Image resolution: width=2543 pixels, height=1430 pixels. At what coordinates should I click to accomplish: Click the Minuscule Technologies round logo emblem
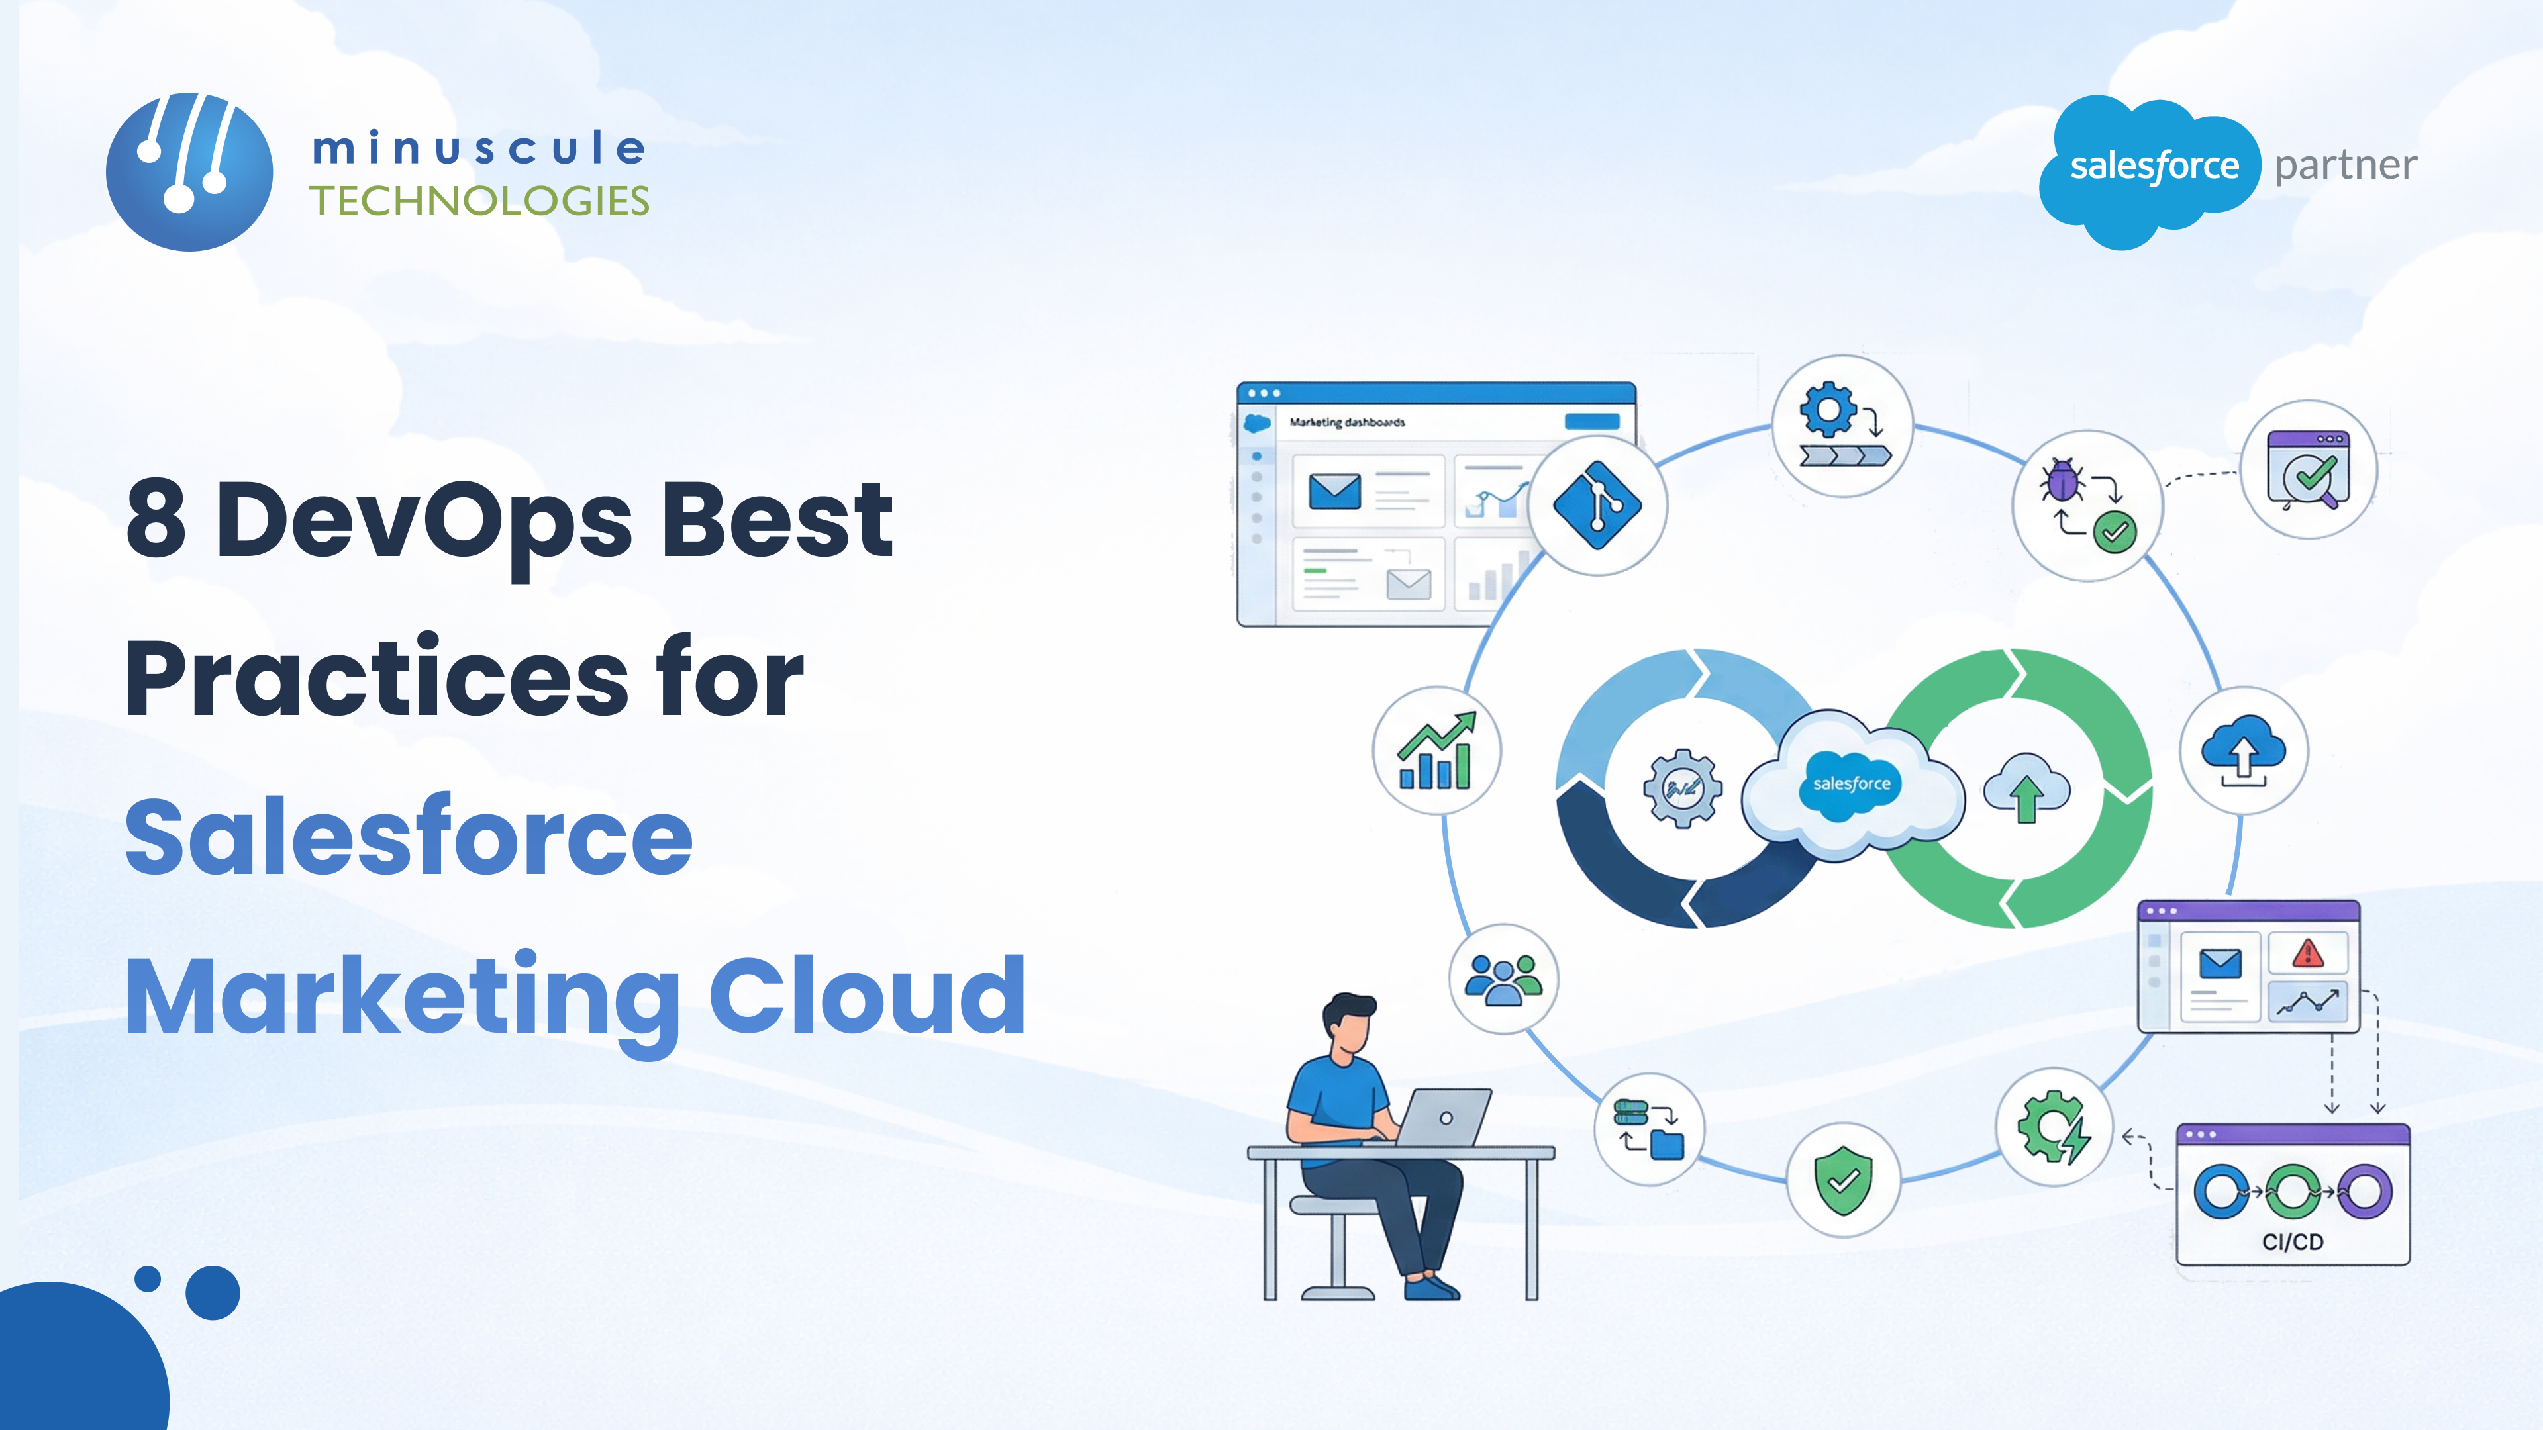pos(189,171)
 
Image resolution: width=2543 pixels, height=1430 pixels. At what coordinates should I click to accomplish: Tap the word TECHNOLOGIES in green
pos(479,201)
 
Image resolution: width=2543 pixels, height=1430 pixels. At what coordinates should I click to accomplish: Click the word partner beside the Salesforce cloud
pos(2346,165)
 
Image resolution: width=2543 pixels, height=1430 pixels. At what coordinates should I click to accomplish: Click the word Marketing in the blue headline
pos(403,997)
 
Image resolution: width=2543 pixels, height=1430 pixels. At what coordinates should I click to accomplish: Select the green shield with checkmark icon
pos(1843,1180)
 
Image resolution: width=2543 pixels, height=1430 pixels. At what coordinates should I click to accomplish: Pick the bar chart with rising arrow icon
pos(1436,751)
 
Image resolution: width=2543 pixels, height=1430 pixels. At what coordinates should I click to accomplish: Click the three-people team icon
pos(1503,979)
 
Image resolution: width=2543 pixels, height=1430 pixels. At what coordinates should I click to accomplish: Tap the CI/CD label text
pos(2292,1241)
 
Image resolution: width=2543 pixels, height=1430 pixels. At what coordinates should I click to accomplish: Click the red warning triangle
pos(2307,953)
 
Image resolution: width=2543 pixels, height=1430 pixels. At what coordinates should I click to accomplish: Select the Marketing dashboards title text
pos(1346,422)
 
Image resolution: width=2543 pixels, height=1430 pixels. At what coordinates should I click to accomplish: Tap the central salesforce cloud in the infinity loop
pos(1851,784)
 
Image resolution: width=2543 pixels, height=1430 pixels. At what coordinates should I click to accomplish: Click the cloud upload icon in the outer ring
pos(2243,750)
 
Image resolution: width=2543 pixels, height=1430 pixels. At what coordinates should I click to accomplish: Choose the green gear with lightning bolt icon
pos(2054,1126)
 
